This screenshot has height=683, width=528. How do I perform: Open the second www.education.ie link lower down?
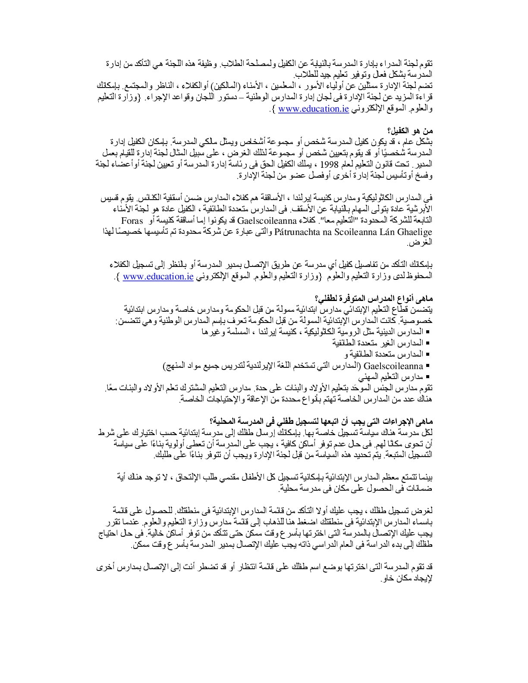point(158,277)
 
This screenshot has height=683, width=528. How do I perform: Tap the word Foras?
point(132,220)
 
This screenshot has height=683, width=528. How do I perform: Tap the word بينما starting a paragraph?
point(425,477)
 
